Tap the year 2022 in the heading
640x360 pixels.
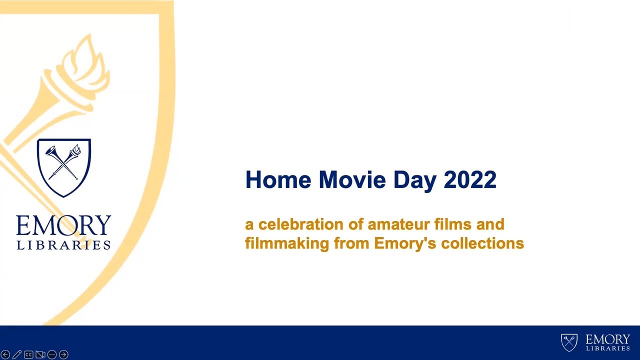[x=470, y=180]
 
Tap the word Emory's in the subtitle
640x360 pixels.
[x=398, y=243]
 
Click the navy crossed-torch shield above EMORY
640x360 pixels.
[x=64, y=167]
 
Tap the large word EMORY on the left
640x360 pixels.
[x=63, y=226]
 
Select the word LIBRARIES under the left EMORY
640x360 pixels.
[x=63, y=245]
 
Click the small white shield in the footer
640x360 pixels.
[x=569, y=342]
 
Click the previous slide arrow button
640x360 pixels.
[x=5, y=354]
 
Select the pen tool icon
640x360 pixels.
[x=17, y=354]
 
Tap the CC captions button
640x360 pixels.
[x=28, y=354]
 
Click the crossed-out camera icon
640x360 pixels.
[x=40, y=354]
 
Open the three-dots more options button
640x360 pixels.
[x=52, y=354]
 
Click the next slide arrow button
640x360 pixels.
[x=63, y=354]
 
